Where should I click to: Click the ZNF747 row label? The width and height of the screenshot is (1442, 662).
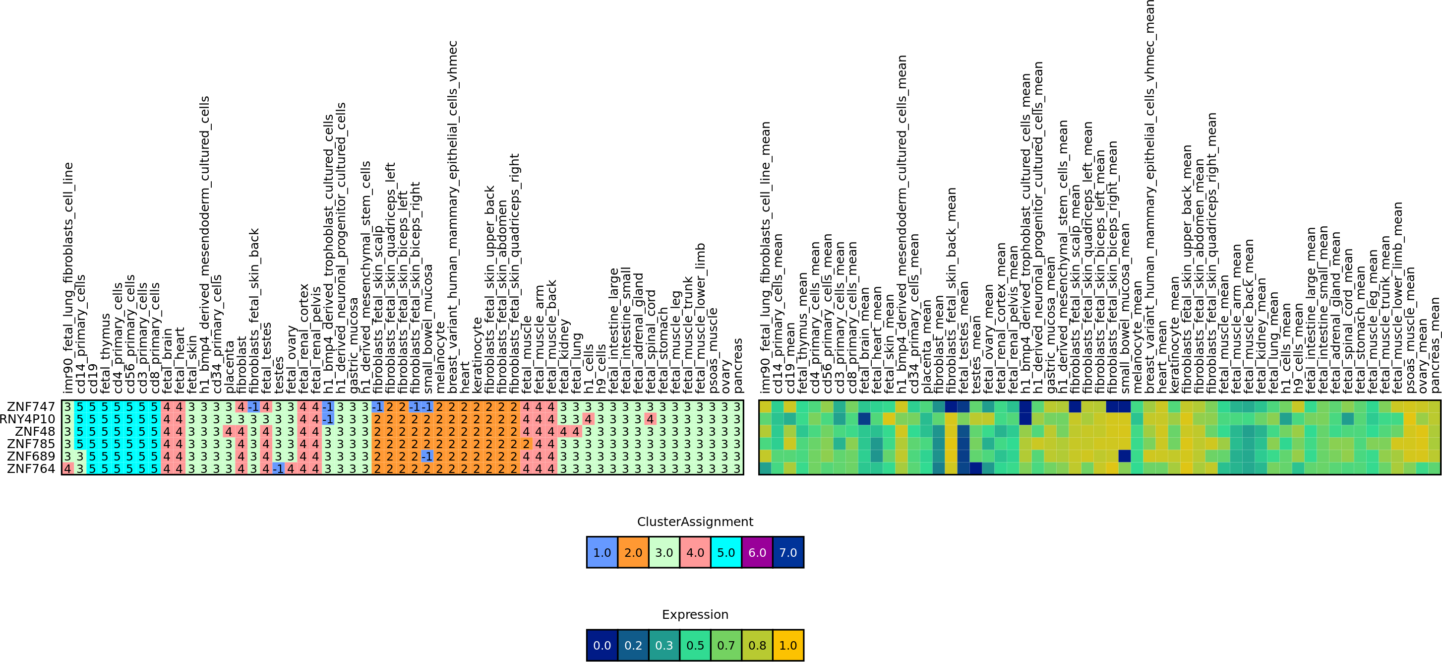point(31,406)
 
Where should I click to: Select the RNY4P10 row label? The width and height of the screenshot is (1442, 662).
point(27,419)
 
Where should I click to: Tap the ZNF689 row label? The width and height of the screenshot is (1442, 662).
point(31,456)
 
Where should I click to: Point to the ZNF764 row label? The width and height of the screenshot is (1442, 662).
point(31,468)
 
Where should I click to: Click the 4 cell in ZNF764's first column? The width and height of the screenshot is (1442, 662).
point(68,468)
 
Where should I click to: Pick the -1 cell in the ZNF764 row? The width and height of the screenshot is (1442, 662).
point(278,468)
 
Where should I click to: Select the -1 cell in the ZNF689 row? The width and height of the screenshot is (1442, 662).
point(426,456)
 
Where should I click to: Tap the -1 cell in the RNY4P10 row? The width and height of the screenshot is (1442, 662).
point(327,419)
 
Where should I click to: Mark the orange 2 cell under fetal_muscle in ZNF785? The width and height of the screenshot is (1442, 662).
point(526,444)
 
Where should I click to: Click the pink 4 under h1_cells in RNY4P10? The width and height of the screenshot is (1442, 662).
point(588,419)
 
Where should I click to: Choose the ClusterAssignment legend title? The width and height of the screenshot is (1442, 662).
point(695,522)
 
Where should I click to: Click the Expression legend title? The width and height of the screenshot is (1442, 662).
point(695,614)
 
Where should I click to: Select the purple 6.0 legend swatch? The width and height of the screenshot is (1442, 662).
point(757,552)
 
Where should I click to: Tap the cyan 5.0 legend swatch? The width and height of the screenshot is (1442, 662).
point(726,552)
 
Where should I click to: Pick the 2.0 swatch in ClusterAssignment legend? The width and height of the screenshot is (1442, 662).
point(633,552)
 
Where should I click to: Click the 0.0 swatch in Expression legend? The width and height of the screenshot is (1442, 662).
point(602,645)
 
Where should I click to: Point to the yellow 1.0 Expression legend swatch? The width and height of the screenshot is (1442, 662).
point(787,645)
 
